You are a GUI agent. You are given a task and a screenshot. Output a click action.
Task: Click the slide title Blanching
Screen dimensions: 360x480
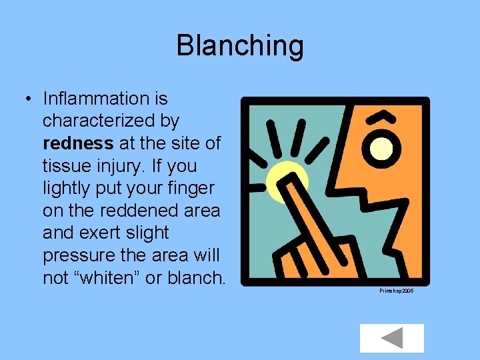pyautogui.click(x=240, y=46)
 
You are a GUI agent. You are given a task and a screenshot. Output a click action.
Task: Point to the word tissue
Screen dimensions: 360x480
pyautogui.click(x=65, y=166)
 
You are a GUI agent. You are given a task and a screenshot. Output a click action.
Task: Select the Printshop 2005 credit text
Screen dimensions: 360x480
pyautogui.click(x=396, y=291)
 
